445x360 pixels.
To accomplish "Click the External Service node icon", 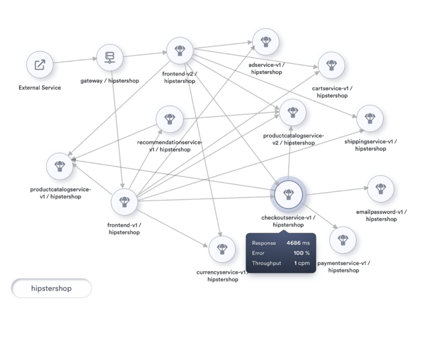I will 40,65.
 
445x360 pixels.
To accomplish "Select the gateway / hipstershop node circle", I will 110,57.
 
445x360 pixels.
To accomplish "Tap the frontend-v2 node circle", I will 179,51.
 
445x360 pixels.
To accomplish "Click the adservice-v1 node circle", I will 266,42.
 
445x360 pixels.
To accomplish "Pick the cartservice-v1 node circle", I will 332,65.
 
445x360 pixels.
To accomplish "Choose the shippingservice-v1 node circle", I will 370,118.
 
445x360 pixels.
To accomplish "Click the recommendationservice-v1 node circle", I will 169,118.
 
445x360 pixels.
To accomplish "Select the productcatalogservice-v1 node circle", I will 60,166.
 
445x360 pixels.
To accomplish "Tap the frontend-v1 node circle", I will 124,202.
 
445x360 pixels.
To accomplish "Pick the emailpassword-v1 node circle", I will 381,189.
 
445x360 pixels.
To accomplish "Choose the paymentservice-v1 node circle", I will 343,240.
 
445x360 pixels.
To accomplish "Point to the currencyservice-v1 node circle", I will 222,249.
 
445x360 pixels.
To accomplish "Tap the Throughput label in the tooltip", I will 266,263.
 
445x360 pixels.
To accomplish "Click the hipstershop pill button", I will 51,288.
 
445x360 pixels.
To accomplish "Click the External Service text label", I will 40,87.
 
